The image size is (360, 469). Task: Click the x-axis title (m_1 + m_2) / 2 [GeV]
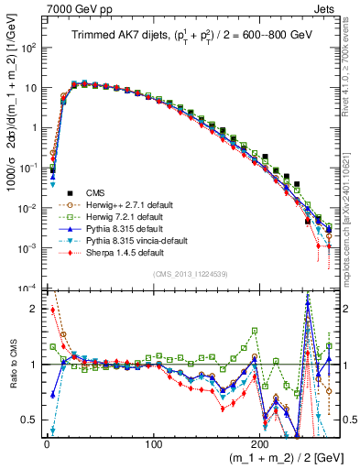point(276,456)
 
